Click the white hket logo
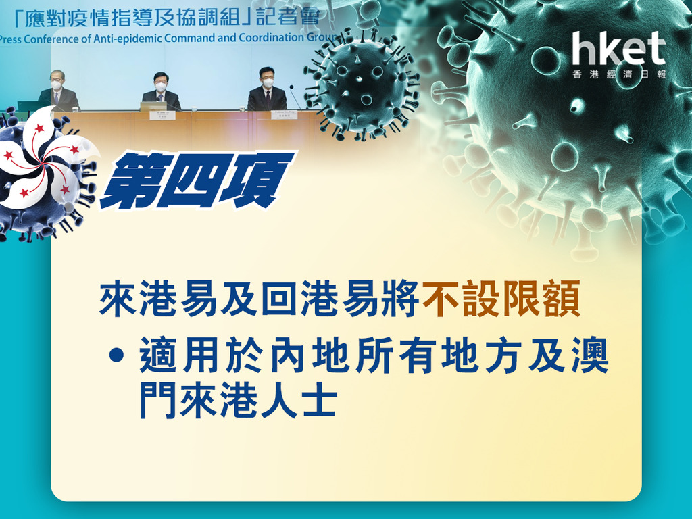click(619, 49)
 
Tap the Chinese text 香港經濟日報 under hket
click(619, 74)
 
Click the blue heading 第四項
click(197, 180)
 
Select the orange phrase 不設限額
click(501, 300)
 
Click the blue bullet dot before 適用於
click(116, 355)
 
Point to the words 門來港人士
click(239, 401)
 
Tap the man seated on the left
click(58, 92)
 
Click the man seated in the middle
click(161, 91)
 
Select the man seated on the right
click(267, 89)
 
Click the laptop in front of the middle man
click(153, 106)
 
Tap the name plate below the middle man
click(162, 116)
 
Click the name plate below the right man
click(285, 115)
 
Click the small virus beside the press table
click(361, 84)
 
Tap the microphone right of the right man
click(295, 97)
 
